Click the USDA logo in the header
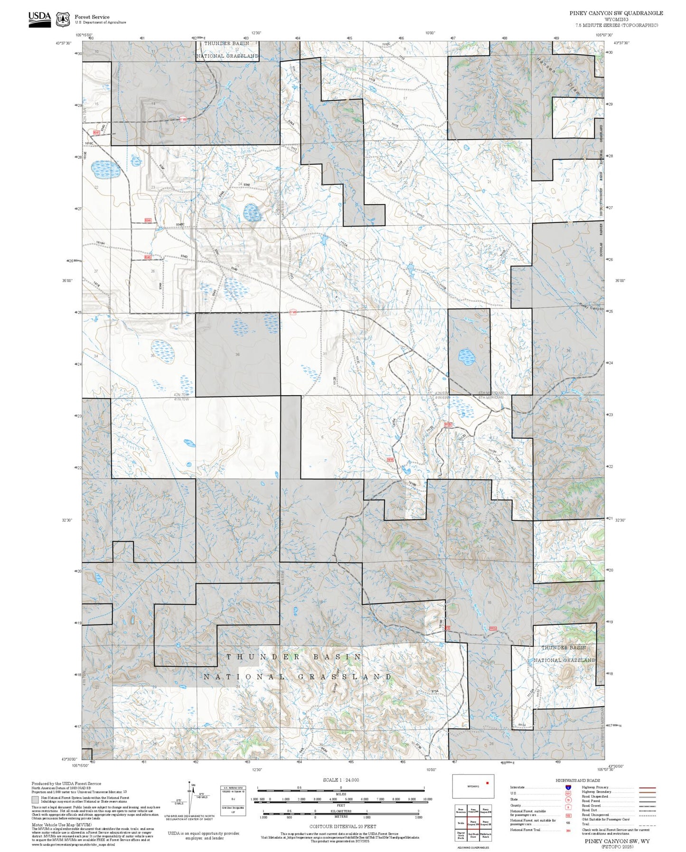[39, 19]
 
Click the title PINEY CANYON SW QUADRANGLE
[616, 13]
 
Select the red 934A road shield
[148, 220]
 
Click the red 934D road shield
[148, 257]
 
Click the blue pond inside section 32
[466, 356]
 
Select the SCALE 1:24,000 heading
[340, 780]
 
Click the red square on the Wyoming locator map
[487, 783]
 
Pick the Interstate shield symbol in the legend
[568, 787]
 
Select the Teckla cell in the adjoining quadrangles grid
[460, 823]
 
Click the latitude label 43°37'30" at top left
[63, 43]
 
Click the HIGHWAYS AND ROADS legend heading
[578, 780]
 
